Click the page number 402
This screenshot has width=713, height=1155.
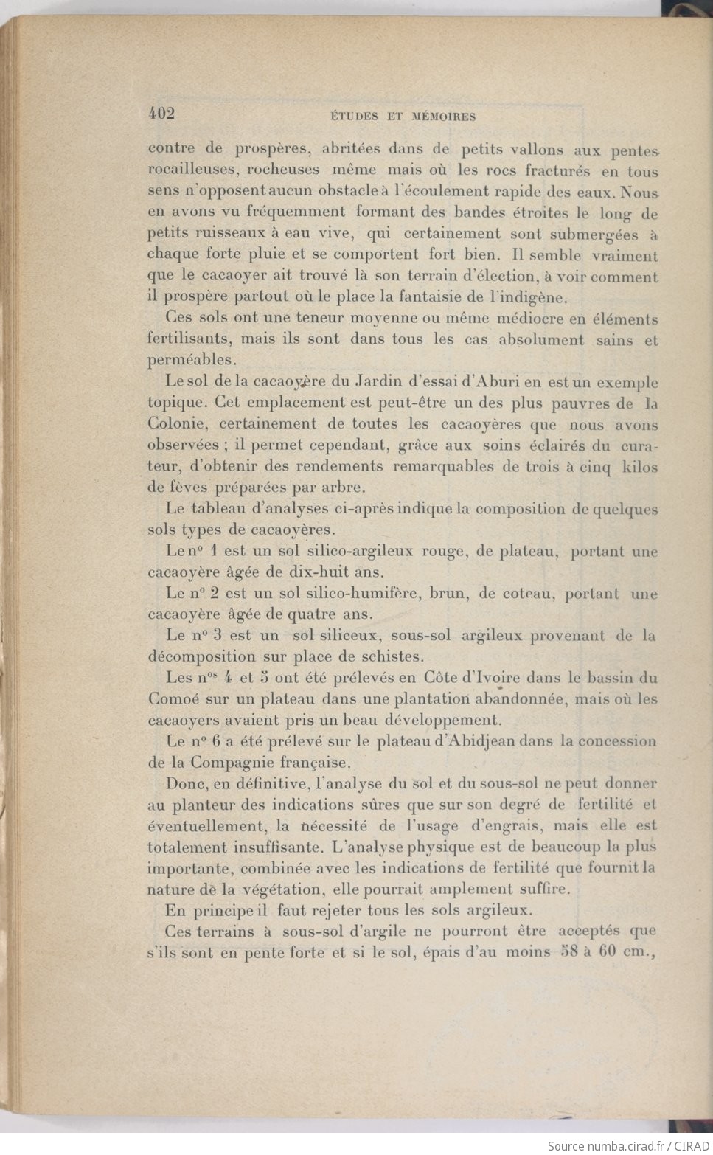161,113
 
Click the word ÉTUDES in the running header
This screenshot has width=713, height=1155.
354,116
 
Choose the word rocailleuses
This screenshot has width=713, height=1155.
191,170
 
